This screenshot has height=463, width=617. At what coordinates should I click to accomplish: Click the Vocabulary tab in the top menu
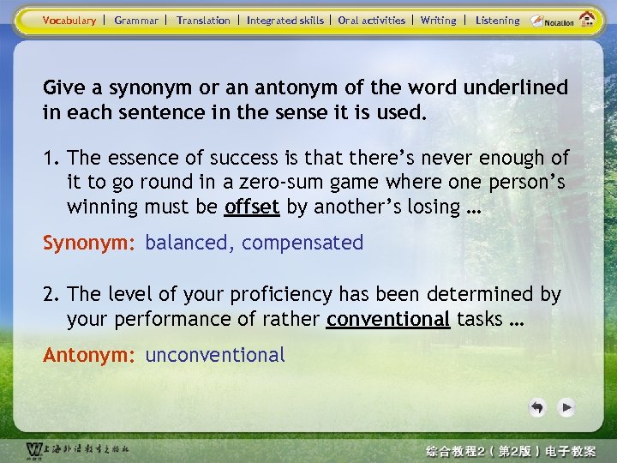coord(69,21)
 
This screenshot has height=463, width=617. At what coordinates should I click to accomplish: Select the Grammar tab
coord(136,21)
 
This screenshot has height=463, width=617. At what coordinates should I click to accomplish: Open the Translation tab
coord(203,21)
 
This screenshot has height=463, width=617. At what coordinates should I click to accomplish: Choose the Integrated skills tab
coord(285,21)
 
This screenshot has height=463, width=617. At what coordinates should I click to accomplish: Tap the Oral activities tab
coord(372,21)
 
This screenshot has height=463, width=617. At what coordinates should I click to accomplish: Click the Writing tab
coord(439,21)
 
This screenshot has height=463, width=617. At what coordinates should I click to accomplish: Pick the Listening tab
coord(497,21)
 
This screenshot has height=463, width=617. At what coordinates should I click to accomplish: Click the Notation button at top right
coord(554,21)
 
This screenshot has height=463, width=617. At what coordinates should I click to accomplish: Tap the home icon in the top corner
coord(588,19)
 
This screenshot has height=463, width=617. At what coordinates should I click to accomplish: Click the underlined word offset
coord(253,207)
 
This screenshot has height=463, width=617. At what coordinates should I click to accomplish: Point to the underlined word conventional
coord(388,319)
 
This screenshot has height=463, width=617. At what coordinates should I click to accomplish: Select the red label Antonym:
coord(90,354)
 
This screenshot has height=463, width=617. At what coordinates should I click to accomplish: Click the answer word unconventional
coord(215,354)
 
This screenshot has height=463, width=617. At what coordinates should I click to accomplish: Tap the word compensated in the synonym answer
coord(303,243)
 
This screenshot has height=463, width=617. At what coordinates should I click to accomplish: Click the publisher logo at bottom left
coord(77,449)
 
